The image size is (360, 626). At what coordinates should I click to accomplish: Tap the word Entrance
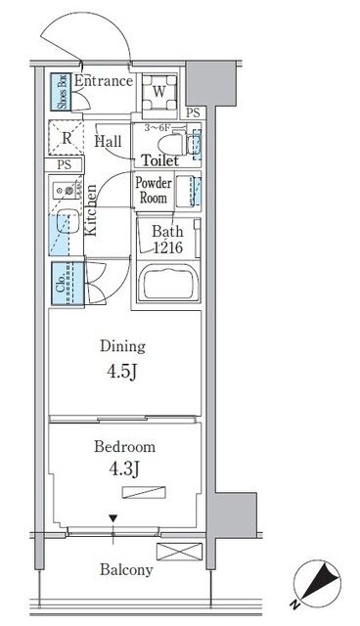(x=104, y=81)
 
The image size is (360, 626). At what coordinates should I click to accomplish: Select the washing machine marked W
(x=159, y=92)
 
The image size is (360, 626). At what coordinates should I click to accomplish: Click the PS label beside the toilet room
(x=193, y=112)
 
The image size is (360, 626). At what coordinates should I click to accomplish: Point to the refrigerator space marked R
(x=67, y=138)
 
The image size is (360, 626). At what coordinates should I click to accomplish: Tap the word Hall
(x=108, y=141)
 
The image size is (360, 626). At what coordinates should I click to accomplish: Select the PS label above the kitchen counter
(x=64, y=164)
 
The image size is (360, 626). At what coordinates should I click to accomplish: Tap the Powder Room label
(x=154, y=190)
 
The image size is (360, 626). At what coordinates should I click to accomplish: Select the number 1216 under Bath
(x=167, y=247)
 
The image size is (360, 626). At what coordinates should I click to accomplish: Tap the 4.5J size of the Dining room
(x=122, y=372)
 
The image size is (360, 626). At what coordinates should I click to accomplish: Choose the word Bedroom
(x=125, y=447)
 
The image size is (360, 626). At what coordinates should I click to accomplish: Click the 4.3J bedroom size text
(x=123, y=469)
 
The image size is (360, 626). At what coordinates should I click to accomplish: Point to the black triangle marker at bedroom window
(x=113, y=519)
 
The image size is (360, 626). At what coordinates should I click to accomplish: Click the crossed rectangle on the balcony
(x=179, y=552)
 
